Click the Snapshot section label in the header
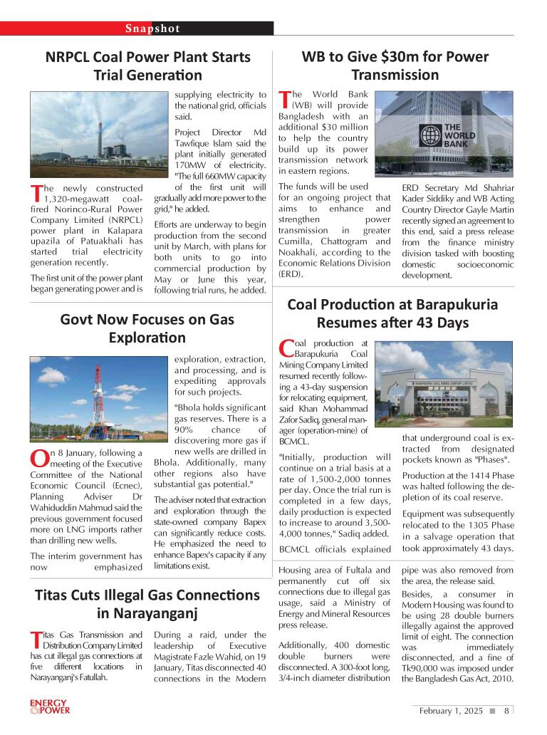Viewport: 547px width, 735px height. (x=152, y=29)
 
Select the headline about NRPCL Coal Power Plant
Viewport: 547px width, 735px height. (x=148, y=66)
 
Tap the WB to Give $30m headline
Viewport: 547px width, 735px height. (x=395, y=66)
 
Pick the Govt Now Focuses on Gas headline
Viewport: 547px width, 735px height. (x=148, y=328)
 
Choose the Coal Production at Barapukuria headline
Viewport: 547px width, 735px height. (x=392, y=313)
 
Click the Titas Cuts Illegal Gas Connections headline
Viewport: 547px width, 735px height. (x=148, y=603)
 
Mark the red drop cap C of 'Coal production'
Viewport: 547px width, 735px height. (x=286, y=348)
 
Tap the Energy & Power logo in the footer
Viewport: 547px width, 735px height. (x=49, y=707)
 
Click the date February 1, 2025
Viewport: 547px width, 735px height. (x=451, y=710)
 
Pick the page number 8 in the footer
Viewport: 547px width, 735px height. (x=506, y=710)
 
